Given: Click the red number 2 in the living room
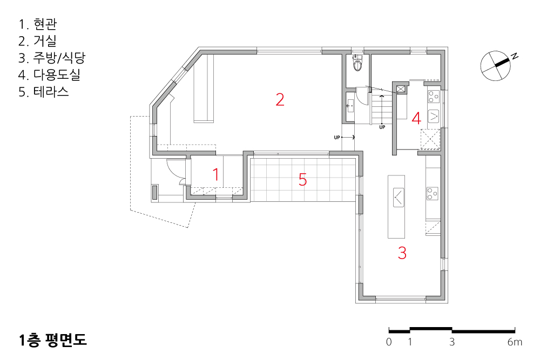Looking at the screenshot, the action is click(280, 99).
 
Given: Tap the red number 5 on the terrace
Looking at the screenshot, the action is click(302, 179).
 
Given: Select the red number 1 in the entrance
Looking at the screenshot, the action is click(216, 174).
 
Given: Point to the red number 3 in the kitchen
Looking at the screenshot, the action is click(402, 253).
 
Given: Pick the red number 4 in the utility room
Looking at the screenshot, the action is click(416, 118).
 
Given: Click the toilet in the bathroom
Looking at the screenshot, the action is click(358, 62).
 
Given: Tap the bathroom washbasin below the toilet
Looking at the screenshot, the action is click(350, 105).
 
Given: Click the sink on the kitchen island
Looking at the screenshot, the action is click(399, 197).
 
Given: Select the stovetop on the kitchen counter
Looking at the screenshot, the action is click(433, 193).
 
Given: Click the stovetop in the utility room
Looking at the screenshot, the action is click(434, 97).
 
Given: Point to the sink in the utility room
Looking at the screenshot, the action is click(434, 116).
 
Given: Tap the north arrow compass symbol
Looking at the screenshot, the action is click(496, 66).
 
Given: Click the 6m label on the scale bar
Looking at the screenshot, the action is click(515, 342).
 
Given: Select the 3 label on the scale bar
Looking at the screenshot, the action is click(452, 342).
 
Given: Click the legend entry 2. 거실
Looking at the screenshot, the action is click(37, 41).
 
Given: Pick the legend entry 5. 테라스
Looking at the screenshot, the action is click(44, 92).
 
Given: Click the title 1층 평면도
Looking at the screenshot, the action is click(52, 340).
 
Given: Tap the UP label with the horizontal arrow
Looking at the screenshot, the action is click(344, 137).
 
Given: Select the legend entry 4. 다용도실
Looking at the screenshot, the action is click(49, 74).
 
